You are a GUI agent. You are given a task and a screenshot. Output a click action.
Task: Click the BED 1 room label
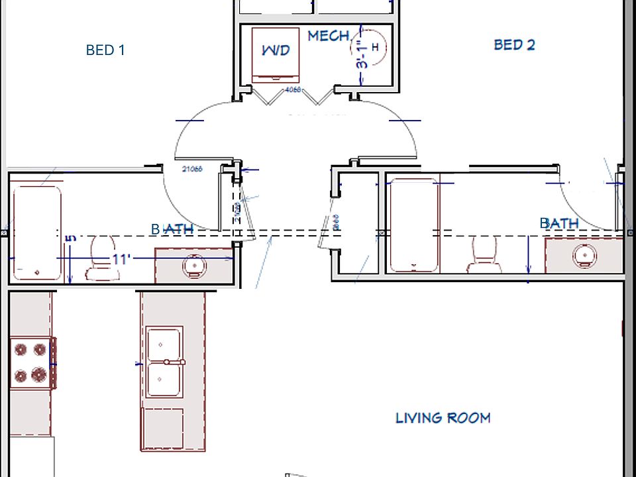click(105, 50)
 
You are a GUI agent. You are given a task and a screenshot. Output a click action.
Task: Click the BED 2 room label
click(514, 45)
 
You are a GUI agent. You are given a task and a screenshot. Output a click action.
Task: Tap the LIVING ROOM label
click(443, 417)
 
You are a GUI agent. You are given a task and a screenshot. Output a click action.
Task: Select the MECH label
click(328, 36)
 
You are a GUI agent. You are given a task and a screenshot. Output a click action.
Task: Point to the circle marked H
click(375, 47)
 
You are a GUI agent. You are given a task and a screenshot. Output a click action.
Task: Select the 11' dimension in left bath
click(120, 259)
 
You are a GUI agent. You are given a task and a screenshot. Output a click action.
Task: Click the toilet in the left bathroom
click(100, 255)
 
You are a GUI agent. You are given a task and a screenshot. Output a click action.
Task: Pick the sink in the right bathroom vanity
click(584, 254)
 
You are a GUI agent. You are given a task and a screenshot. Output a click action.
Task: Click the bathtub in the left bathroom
click(37, 232)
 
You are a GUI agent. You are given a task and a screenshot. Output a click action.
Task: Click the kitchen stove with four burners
click(31, 363)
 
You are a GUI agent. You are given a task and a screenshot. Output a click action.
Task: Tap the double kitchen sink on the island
click(164, 362)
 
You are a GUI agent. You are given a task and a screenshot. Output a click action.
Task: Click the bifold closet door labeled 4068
click(293, 96)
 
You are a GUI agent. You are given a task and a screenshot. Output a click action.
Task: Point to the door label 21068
click(192, 169)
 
